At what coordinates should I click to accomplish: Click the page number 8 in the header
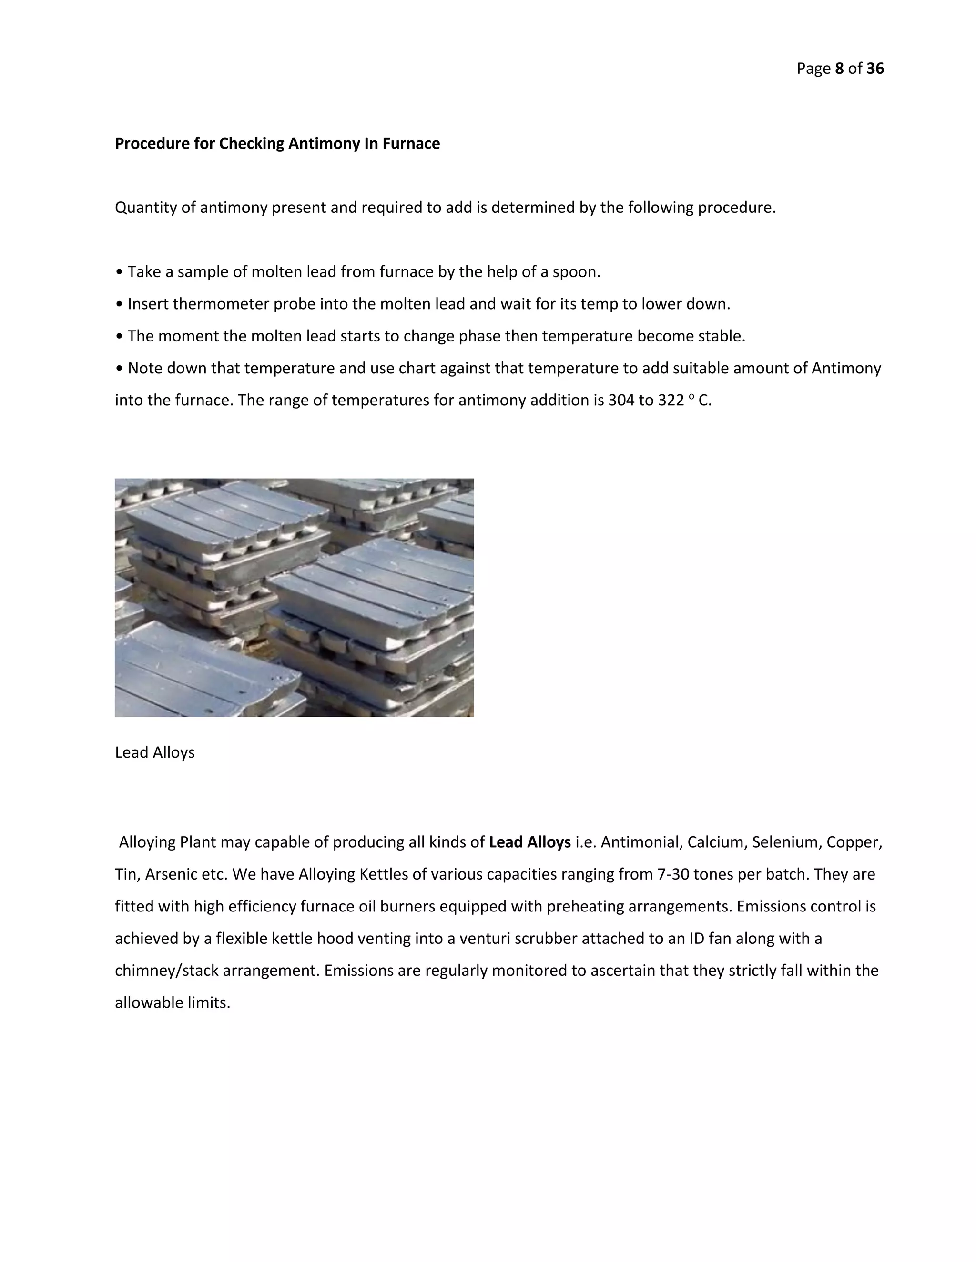point(840,69)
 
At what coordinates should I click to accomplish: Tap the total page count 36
point(875,69)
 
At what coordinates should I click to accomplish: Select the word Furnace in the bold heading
point(411,143)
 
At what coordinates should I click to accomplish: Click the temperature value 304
point(620,401)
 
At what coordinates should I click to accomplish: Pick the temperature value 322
point(671,401)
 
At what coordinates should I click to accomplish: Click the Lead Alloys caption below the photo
point(154,752)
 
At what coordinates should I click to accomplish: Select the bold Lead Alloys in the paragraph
point(529,842)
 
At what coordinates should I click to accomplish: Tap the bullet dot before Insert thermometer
point(119,304)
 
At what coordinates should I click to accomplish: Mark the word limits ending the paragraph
point(212,1002)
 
